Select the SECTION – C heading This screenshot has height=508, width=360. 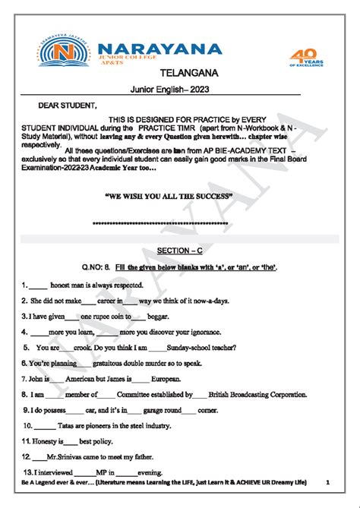click(x=179, y=250)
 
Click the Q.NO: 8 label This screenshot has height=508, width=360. click(x=98, y=267)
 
